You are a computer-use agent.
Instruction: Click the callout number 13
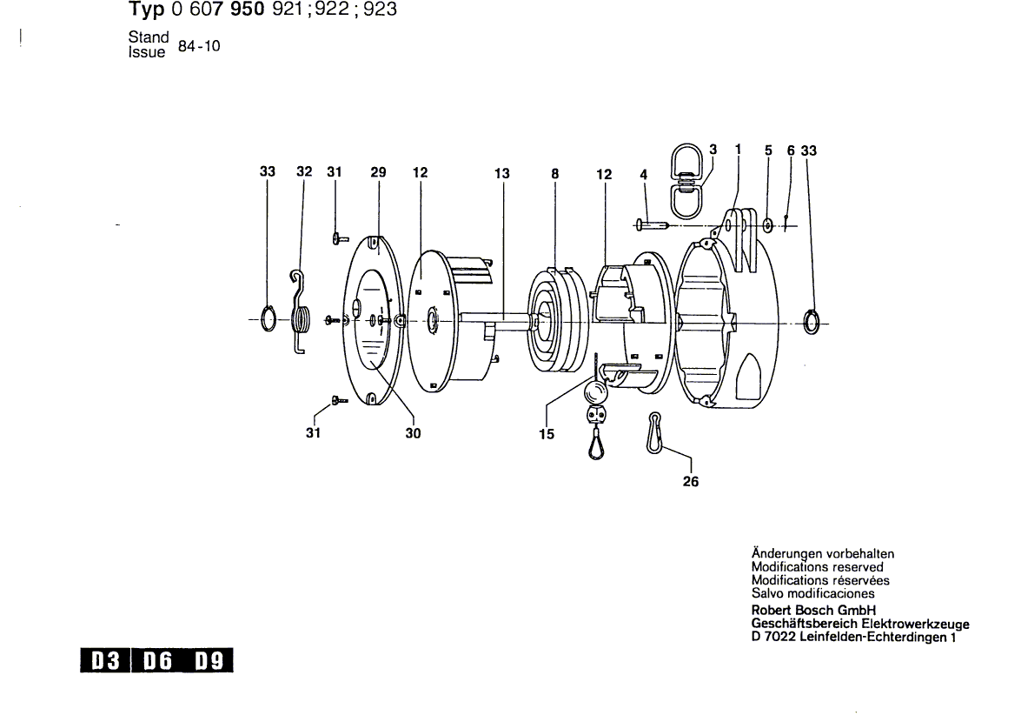[501, 173]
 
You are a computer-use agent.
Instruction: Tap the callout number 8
[554, 173]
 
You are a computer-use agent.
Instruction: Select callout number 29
[378, 172]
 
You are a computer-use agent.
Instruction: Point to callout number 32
[304, 171]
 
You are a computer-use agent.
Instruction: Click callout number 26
[691, 481]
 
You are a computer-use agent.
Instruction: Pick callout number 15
[547, 434]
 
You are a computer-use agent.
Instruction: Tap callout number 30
[413, 433]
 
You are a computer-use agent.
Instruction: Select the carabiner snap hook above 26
[653, 432]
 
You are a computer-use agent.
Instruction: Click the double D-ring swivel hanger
[686, 181]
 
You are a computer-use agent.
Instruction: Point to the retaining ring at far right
[811, 322]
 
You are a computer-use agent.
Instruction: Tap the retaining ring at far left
[269, 318]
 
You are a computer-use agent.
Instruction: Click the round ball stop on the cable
[596, 392]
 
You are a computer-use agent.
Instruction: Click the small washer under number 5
[767, 225]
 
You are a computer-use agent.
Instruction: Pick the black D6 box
[157, 661]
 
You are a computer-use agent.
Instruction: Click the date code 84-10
[199, 46]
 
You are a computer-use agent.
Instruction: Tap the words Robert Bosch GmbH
[813, 611]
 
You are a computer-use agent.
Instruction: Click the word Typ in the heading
[146, 10]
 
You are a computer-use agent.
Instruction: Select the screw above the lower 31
[339, 399]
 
